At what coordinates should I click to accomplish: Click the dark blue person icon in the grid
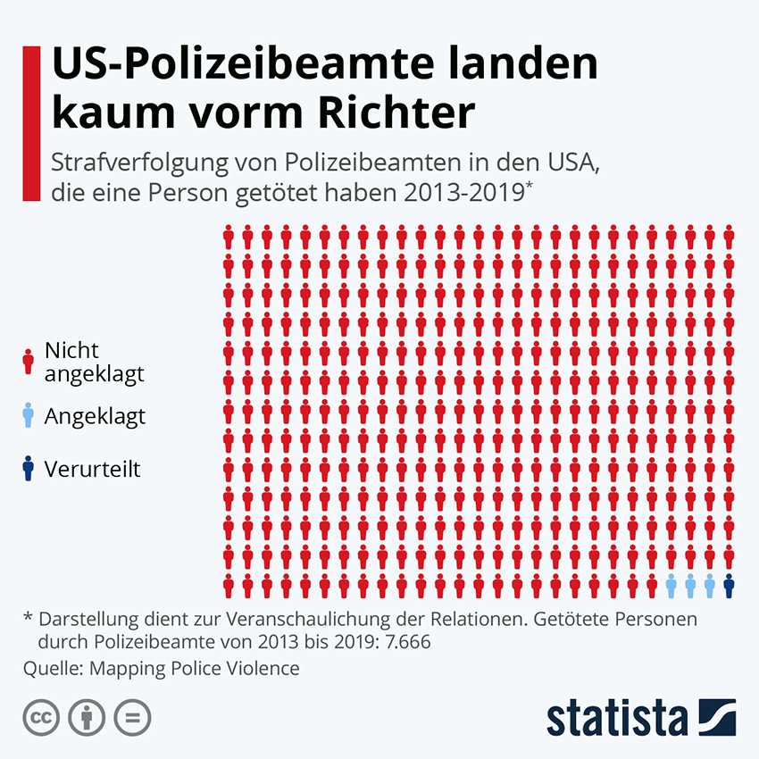click(x=729, y=586)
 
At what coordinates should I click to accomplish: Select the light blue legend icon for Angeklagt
click(x=28, y=416)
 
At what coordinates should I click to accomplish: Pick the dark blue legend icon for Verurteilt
click(x=28, y=469)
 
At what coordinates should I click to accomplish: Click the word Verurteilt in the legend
click(x=93, y=469)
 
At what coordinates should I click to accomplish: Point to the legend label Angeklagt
click(x=95, y=416)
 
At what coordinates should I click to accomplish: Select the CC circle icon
click(x=40, y=717)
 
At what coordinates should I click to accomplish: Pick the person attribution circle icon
click(x=86, y=717)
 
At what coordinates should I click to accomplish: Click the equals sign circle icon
click(x=131, y=717)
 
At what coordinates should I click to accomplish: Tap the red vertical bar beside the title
click(x=30, y=125)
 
